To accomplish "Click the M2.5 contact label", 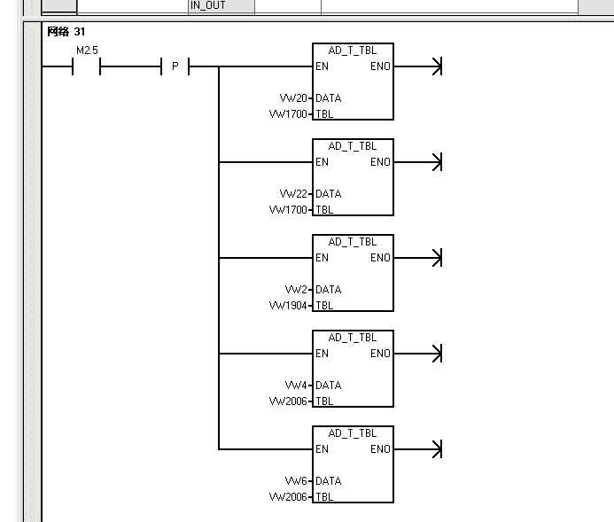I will click(87, 51).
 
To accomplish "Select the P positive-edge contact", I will click(175, 66).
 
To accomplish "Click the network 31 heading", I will click(66, 31).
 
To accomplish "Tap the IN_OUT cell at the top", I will click(208, 5).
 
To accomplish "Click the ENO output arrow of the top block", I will click(434, 66).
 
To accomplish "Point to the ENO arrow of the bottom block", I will click(434, 449).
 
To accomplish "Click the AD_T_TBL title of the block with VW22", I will click(353, 146).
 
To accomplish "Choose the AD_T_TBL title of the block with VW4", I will click(353, 338).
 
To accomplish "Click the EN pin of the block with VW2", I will click(322, 258).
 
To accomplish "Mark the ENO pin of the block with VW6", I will click(380, 449).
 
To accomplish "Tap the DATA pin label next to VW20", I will click(328, 98).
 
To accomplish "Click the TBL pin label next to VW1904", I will click(324, 306).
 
